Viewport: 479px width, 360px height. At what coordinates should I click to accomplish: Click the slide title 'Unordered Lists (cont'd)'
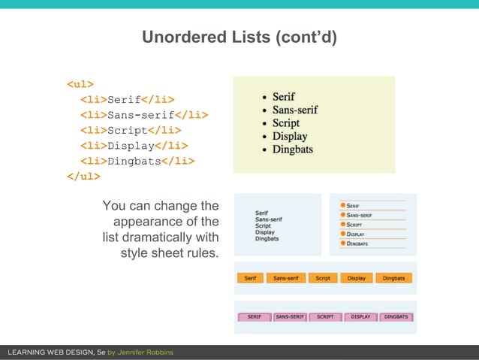(x=239, y=37)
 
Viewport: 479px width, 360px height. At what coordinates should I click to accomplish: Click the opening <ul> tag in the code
(x=80, y=83)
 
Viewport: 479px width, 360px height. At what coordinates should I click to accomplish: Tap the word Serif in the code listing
(x=125, y=99)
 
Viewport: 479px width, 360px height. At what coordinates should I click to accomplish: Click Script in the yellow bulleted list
(x=285, y=123)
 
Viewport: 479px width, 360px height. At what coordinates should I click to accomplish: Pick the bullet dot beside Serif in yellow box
(x=261, y=97)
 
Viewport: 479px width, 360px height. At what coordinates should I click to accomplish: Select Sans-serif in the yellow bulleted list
(x=294, y=110)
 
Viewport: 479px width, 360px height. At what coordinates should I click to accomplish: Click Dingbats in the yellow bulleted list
(x=292, y=149)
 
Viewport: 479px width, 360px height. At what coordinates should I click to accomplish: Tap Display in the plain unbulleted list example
(x=265, y=232)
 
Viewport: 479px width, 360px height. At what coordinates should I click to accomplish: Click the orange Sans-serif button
(x=286, y=278)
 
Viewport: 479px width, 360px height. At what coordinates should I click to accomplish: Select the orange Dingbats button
(x=393, y=278)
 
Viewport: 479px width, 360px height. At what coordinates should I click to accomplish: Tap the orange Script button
(x=323, y=278)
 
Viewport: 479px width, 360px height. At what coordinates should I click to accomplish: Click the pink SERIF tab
(x=255, y=317)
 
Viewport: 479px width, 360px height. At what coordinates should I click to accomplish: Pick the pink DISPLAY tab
(x=361, y=317)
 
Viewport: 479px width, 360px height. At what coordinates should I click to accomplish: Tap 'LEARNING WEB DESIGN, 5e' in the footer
(x=56, y=352)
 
